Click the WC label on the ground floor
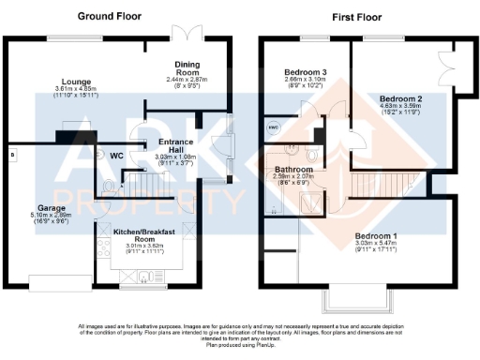pos(117,155)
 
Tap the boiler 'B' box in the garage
pos(12,152)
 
